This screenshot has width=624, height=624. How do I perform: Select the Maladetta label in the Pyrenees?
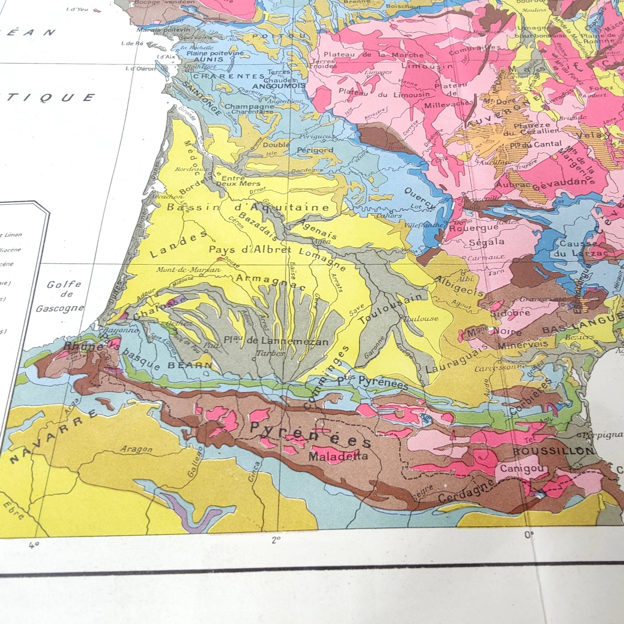338,456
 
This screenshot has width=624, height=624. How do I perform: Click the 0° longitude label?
529,535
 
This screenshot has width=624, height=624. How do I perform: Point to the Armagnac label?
271,282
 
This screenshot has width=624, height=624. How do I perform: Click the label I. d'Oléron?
141,68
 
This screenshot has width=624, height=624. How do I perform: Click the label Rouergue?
474,228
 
